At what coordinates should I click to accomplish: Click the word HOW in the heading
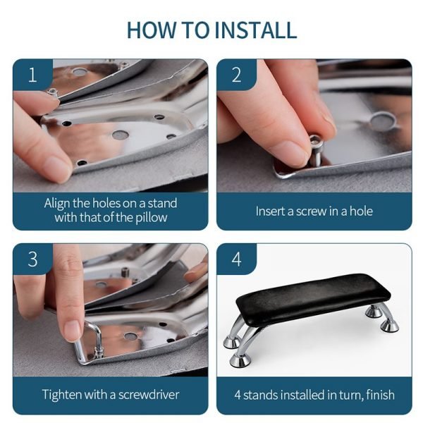pyautogui.click(x=151, y=30)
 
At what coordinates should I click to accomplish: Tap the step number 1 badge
pyautogui.click(x=32, y=75)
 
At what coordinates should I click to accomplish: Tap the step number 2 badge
pyautogui.click(x=237, y=75)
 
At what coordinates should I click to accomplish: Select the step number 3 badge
pyautogui.click(x=32, y=259)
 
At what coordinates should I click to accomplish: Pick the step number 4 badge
pyautogui.click(x=237, y=259)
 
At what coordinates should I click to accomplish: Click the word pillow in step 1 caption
pyautogui.click(x=152, y=218)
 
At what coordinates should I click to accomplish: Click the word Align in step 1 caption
pyautogui.click(x=57, y=204)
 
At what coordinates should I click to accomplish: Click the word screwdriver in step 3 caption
pyautogui.click(x=149, y=394)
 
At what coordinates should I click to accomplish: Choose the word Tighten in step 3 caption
pyautogui.click(x=62, y=395)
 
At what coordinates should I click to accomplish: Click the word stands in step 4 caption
pyautogui.click(x=260, y=395)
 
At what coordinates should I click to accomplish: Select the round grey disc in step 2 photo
pyautogui.click(x=383, y=121)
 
